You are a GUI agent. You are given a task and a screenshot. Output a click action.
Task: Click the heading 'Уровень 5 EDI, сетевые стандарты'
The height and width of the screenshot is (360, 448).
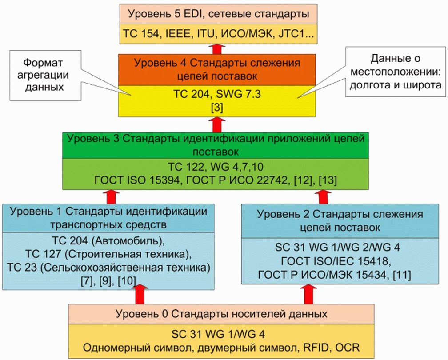[x=219, y=14]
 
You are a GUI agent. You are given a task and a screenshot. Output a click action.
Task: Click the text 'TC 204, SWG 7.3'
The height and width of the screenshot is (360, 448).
[x=218, y=95]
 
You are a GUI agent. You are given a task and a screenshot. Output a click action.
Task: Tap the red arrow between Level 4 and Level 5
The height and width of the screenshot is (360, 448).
[x=217, y=48]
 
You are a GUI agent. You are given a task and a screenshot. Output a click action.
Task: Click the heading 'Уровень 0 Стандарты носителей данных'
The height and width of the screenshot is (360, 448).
[x=221, y=314]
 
